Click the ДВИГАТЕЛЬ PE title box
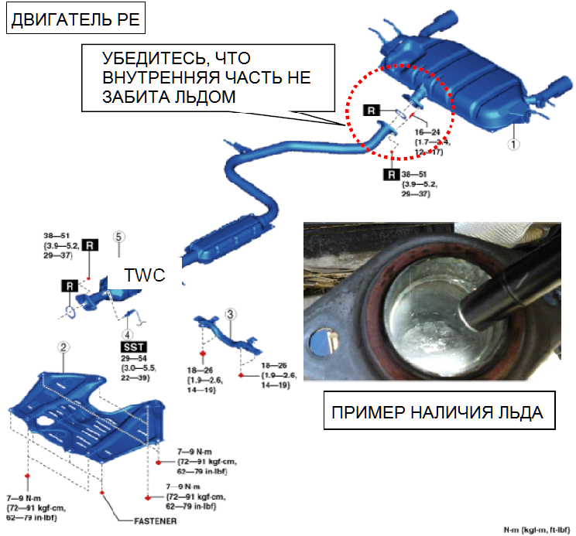tap(74, 19)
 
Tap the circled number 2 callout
tap(64, 349)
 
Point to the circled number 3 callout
tap(230, 313)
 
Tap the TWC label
tap(145, 276)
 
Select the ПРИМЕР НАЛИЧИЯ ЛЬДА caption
tap(437, 412)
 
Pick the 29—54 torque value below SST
tap(132, 360)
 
